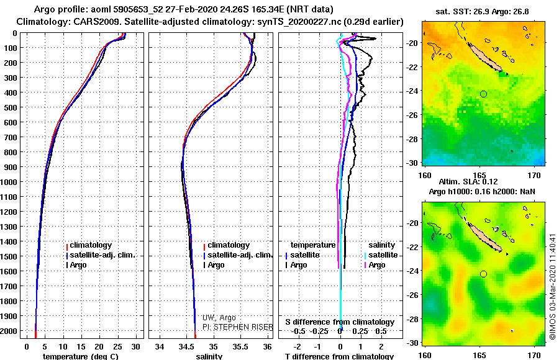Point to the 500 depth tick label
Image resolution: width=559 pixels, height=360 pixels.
click(11, 107)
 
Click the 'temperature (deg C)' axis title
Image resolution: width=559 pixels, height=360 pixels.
click(80, 356)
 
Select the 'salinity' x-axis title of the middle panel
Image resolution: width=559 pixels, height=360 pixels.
click(209, 356)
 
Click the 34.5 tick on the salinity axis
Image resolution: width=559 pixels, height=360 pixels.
click(187, 346)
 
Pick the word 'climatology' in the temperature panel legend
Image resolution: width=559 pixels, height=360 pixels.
click(91, 245)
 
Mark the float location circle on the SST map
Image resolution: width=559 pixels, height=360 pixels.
click(483, 94)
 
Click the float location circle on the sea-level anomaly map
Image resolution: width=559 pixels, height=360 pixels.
click(483, 274)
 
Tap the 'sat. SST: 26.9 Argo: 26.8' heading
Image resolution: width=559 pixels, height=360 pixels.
click(484, 12)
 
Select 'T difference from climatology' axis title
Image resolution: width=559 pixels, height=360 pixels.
click(339, 356)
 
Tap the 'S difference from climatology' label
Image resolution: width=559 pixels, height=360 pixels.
click(340, 322)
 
